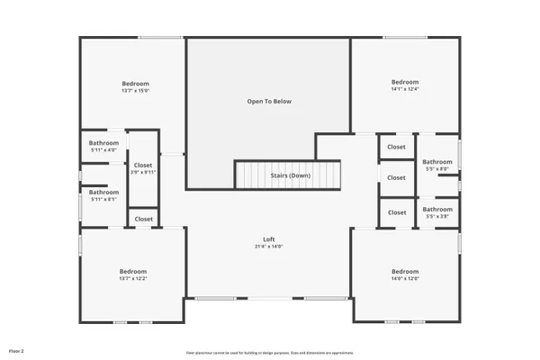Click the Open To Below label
point(269,102)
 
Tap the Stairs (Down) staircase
point(290,175)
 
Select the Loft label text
point(268,238)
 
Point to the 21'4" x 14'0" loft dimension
point(268,247)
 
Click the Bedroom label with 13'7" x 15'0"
point(135,83)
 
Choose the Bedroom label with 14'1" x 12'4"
point(404,82)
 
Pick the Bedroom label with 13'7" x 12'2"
point(133,271)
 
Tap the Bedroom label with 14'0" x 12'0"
point(404,271)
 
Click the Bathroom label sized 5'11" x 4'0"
point(103,143)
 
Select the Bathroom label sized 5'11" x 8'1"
point(103,192)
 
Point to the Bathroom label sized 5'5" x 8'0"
point(437,161)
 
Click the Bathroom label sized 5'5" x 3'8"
point(437,209)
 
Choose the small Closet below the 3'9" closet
point(143,219)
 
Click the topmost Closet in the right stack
point(396,147)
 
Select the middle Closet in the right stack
point(396,177)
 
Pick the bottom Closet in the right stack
point(396,212)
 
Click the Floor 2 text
point(16,349)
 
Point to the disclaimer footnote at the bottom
point(270,352)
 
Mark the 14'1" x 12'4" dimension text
point(404,89)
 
